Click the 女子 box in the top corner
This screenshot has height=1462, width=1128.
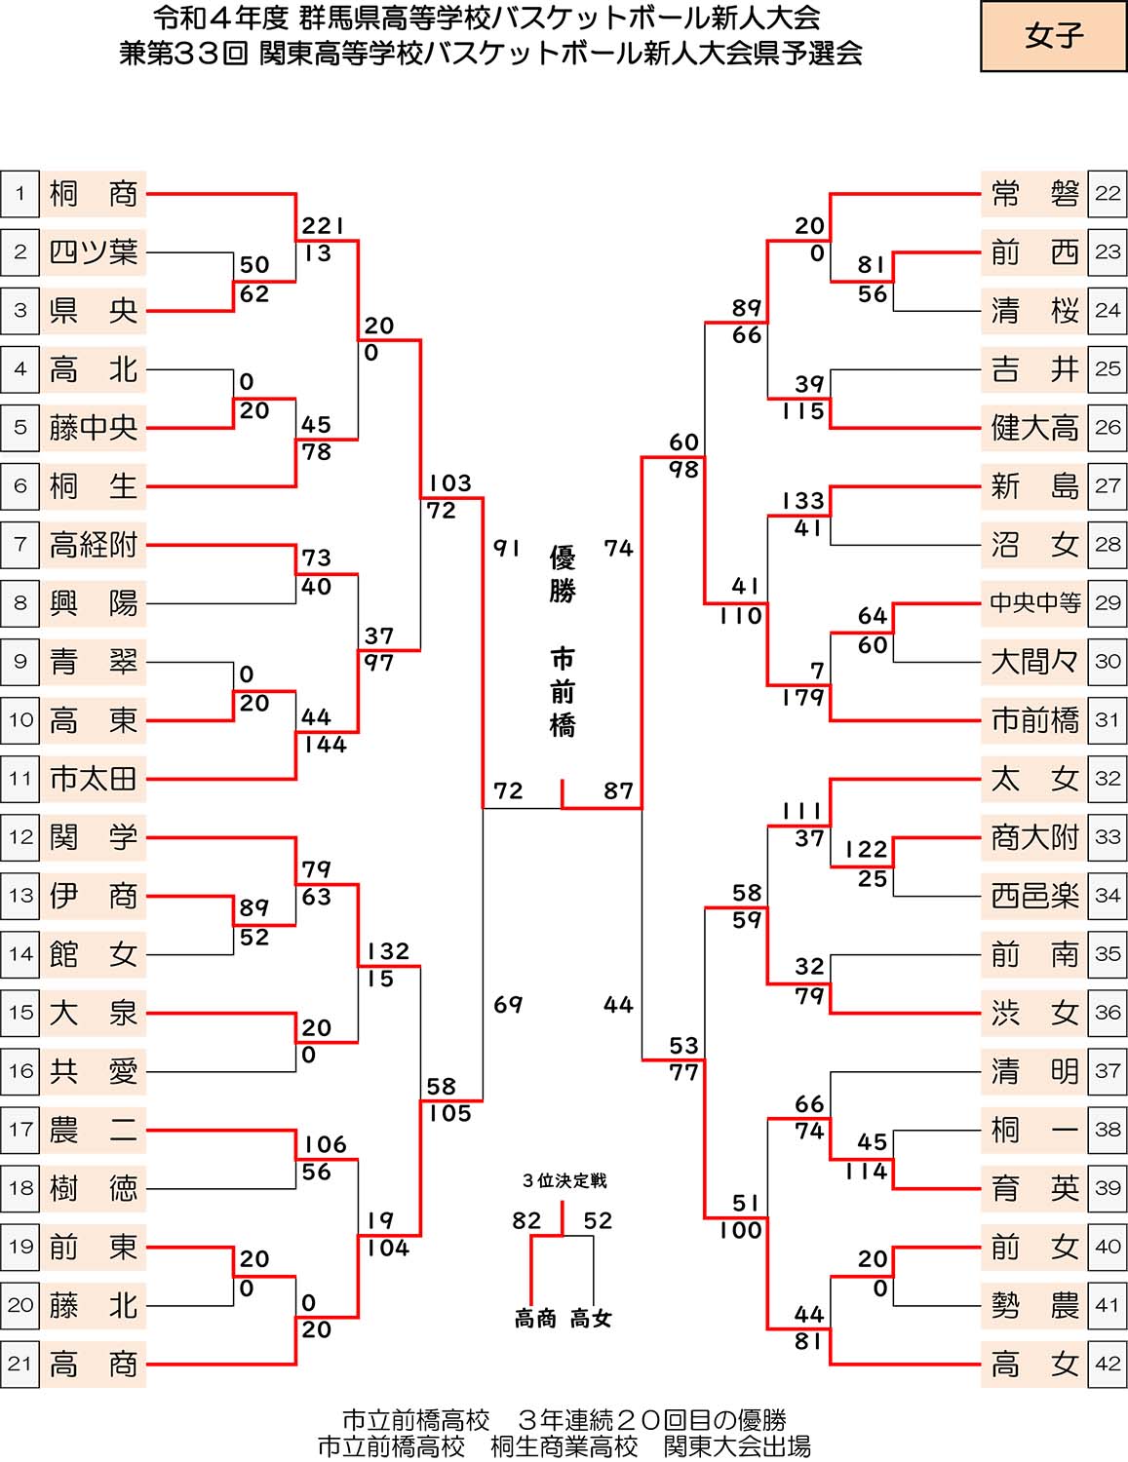pos(1053,37)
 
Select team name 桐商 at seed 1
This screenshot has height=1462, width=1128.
pos(93,194)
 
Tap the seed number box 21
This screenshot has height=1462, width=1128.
pos(20,1364)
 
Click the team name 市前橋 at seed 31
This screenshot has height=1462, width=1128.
pos(1034,720)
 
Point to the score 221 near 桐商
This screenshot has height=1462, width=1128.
pos(323,226)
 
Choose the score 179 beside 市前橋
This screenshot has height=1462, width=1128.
pos(803,698)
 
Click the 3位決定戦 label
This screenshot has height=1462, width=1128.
pos(564,1181)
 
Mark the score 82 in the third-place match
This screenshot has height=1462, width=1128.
pos(526,1220)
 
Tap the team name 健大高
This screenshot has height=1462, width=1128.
pos(1034,428)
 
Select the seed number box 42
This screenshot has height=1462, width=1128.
pos(1108,1364)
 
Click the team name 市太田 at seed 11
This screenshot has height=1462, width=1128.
pos(93,779)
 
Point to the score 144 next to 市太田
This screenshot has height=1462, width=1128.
pos(325,745)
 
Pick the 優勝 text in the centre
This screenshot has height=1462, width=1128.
pos(563,574)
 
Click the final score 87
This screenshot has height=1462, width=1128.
pos(618,790)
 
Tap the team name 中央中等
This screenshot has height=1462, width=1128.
pos(1034,603)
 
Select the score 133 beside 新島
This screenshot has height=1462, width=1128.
pos(803,501)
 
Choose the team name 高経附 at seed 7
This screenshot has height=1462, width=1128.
pos(93,545)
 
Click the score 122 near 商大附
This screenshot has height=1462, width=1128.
pos(867,850)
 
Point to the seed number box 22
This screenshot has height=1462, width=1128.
pos(1108,194)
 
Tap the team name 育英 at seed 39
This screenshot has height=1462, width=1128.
pos(1034,1188)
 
